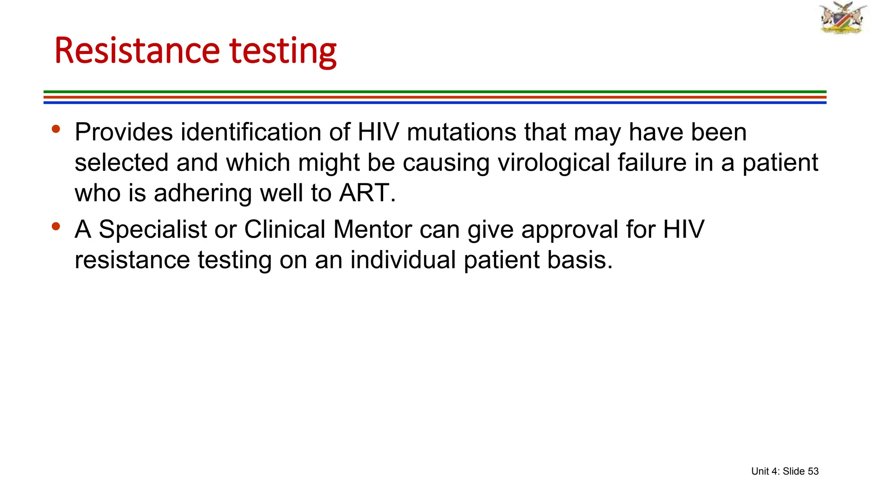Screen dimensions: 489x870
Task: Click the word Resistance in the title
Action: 137,51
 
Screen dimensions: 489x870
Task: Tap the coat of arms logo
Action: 842,18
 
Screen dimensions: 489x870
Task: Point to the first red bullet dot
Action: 56,129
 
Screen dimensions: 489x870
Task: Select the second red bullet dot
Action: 56,226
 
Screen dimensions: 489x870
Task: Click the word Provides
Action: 124,132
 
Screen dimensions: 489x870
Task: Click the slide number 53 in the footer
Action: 813,471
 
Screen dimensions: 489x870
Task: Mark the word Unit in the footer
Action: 760,471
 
